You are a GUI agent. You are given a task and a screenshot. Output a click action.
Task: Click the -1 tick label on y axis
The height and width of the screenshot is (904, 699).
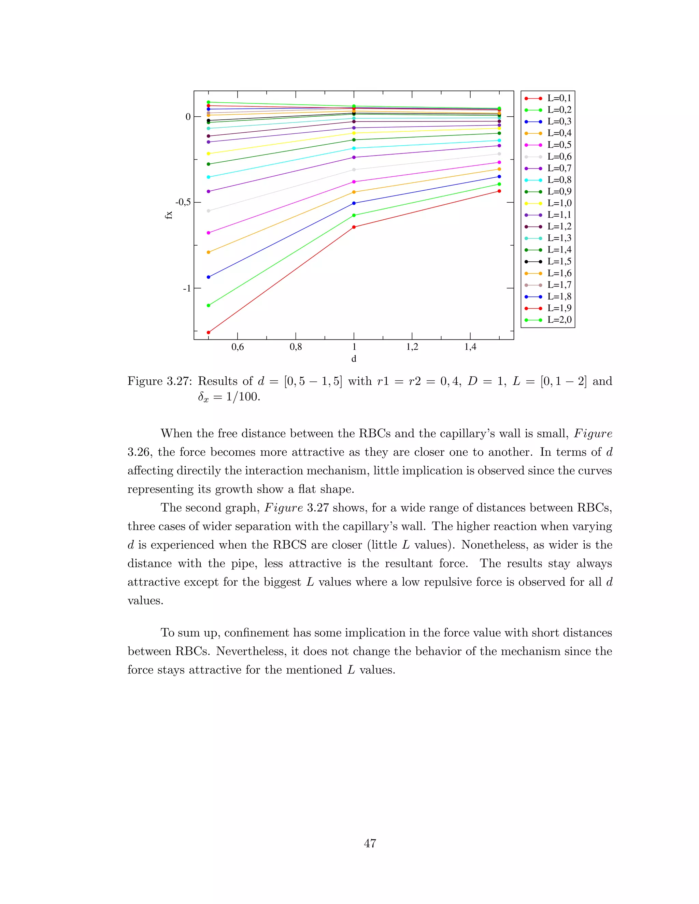coord(187,288)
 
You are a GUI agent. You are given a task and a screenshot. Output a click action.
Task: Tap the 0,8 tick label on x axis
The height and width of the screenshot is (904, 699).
coord(296,347)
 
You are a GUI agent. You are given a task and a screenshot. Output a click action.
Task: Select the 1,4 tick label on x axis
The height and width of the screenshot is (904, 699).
coord(470,347)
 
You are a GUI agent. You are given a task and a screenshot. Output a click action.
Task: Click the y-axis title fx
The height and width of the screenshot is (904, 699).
coord(169,215)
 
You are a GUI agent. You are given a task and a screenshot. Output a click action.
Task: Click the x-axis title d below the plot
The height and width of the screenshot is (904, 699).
coord(354,359)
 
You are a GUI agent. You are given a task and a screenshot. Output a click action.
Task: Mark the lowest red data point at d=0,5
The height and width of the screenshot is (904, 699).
coord(208,332)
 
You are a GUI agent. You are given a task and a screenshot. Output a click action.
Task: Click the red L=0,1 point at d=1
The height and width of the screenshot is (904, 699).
coord(354,227)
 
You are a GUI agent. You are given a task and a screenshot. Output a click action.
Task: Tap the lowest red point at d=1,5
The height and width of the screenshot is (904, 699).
coord(499,191)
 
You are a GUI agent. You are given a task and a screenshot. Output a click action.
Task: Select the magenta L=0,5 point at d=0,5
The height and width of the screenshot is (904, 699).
coord(208,233)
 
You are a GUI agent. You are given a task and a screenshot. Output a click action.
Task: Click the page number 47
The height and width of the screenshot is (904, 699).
coord(370,843)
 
